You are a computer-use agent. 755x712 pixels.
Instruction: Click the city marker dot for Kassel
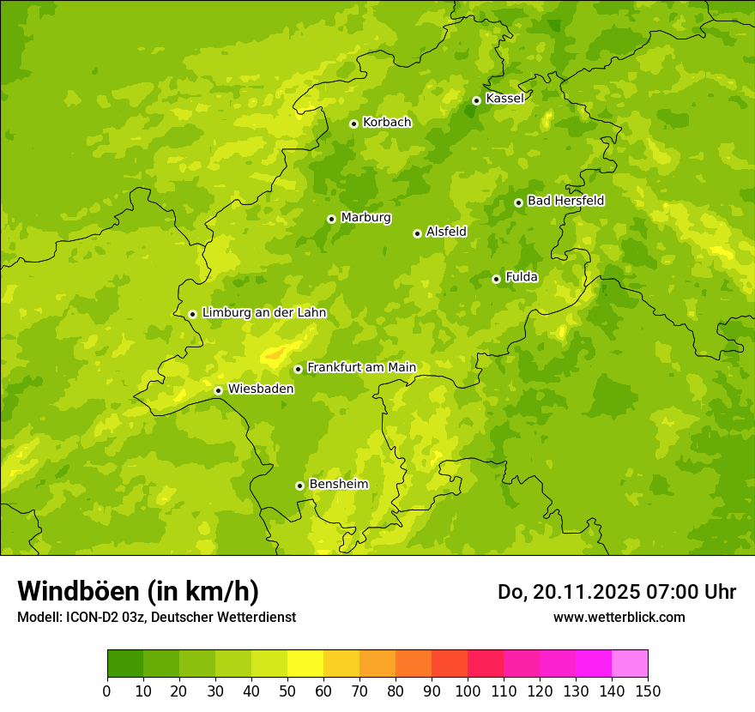pos(476,100)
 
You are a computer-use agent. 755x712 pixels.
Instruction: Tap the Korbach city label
pos(386,123)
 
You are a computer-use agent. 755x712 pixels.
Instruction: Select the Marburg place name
pos(365,218)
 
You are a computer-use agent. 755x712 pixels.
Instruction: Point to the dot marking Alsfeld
pos(417,233)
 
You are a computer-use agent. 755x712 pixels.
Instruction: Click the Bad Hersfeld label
pos(565,201)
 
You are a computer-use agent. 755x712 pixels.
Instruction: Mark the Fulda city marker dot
pos(496,279)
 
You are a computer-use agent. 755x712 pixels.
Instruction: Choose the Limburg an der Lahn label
pos(263,313)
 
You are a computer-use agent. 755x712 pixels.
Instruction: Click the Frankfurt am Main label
pos(361,368)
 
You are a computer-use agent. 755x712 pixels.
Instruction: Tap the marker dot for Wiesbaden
pos(218,390)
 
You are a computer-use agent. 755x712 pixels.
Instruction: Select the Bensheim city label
pos(338,485)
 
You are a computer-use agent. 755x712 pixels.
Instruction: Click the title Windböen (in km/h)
pos(138,591)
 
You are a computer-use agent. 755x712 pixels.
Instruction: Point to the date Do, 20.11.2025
pos(567,592)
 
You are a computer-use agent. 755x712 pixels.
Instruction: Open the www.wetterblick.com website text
pos(619,617)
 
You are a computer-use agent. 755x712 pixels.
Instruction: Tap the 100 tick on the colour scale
pos(468,691)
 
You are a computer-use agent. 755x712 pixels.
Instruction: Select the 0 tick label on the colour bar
pos(107,691)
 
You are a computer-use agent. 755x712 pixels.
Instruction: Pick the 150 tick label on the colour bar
pos(648,691)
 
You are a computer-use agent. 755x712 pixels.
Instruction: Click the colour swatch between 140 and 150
pos(630,664)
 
